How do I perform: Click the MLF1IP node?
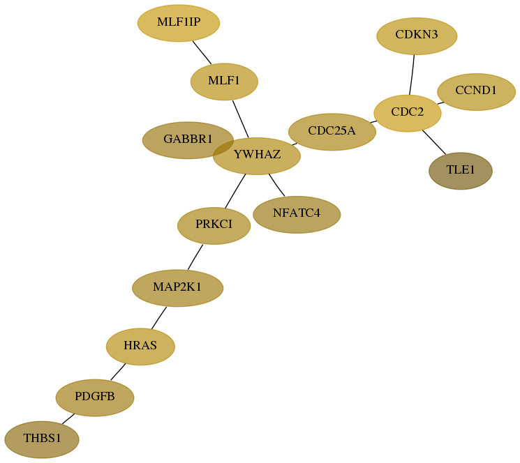179,23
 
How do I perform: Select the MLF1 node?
224,82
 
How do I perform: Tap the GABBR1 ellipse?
188,140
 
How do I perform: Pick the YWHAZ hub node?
257,155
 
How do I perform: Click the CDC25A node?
332,132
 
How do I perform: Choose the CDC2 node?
408,113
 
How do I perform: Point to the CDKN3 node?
417,36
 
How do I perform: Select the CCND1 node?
477,92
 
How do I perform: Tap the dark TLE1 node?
461,171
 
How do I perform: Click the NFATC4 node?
297,215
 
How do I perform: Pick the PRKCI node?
214,226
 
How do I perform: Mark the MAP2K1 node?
178,288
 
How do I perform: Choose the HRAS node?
140,347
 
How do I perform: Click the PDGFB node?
95,397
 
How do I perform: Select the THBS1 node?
42,440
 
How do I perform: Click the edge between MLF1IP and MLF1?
202,53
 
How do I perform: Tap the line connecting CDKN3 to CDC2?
412,75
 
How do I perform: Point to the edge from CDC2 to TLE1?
434,142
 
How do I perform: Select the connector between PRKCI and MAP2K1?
195,257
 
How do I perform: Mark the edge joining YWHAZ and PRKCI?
235,191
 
